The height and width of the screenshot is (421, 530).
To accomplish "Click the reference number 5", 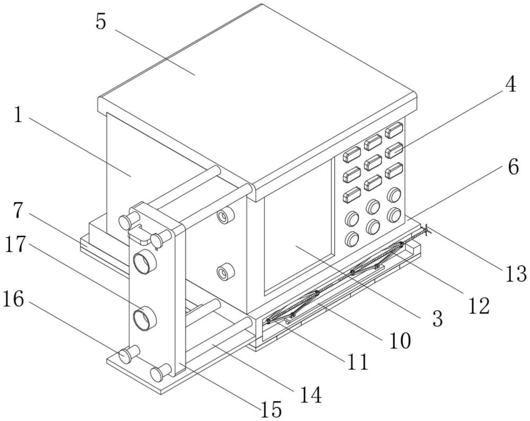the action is click(x=101, y=22).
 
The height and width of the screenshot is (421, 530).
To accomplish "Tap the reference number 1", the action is click(x=18, y=115).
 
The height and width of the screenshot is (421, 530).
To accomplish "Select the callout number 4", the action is click(x=510, y=84).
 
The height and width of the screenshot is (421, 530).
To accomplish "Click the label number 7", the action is click(x=19, y=210).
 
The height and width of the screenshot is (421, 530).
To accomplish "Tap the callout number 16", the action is click(x=14, y=299).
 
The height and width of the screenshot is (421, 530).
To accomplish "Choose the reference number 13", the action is click(x=516, y=273).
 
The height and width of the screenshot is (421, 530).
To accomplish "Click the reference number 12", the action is click(x=479, y=306).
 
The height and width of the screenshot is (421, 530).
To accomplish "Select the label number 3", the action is click(x=438, y=319).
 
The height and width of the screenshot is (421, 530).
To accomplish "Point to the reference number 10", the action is click(x=400, y=341).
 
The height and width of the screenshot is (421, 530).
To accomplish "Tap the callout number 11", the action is click(x=357, y=362).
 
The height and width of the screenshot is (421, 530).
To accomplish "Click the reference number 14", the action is click(x=311, y=395).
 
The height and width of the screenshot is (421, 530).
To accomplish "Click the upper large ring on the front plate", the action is click(x=145, y=263).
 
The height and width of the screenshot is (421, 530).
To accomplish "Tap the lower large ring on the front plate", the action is click(x=145, y=318).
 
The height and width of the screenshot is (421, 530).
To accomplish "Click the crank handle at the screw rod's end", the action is click(x=427, y=230).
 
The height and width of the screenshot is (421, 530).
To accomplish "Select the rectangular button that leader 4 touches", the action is click(x=394, y=150).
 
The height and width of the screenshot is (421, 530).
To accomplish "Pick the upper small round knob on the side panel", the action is click(x=226, y=216).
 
